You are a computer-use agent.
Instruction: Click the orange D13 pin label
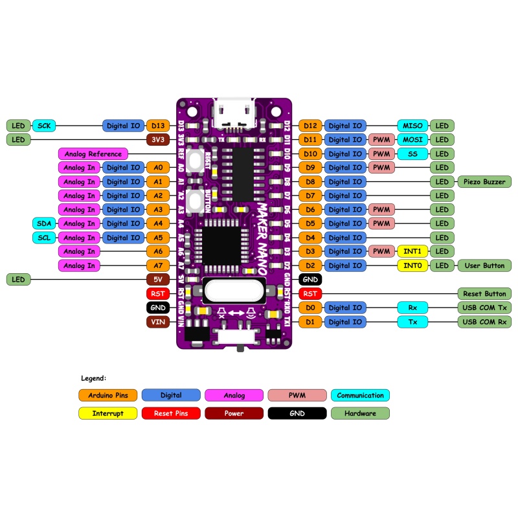click(x=158, y=126)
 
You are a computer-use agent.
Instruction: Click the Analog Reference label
click(x=93, y=154)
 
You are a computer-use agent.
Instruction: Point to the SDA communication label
click(x=44, y=223)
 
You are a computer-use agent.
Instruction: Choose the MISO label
click(x=412, y=126)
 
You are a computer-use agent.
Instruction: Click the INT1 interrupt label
click(x=412, y=251)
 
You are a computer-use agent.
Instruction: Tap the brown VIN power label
click(x=158, y=322)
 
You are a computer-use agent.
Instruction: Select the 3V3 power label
click(x=158, y=139)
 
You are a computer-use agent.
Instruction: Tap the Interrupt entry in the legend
click(x=107, y=413)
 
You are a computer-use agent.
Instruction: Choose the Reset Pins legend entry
click(x=170, y=413)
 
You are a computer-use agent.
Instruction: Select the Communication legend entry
click(x=360, y=395)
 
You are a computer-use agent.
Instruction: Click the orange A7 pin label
click(x=158, y=265)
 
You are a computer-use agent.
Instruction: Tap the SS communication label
click(x=412, y=154)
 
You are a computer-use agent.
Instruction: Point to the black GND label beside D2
click(x=310, y=279)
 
